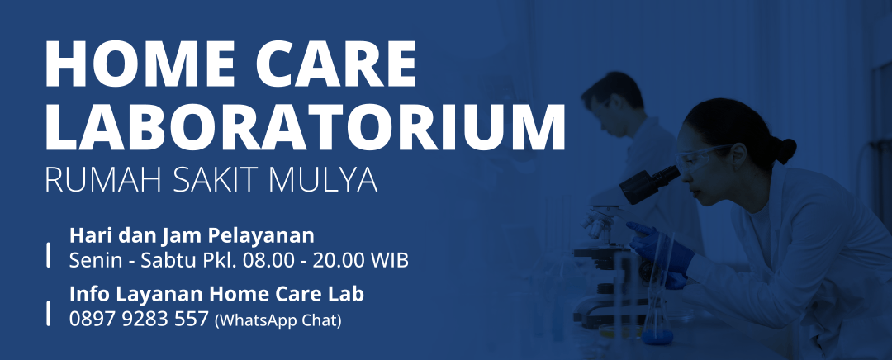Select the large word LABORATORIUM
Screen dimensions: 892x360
pos(305,126)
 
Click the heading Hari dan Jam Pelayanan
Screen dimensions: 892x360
pos(192,235)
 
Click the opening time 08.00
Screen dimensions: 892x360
pos(268,260)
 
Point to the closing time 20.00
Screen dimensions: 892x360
pos(339,260)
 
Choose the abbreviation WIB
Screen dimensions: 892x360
pos(390,260)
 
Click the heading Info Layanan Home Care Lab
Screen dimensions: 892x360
pos(216,294)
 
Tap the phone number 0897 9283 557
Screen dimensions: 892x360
pos(140,320)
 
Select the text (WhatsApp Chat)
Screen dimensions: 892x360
pos(278,320)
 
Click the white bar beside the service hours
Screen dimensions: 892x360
pos(49,254)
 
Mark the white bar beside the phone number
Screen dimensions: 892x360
pos(49,314)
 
